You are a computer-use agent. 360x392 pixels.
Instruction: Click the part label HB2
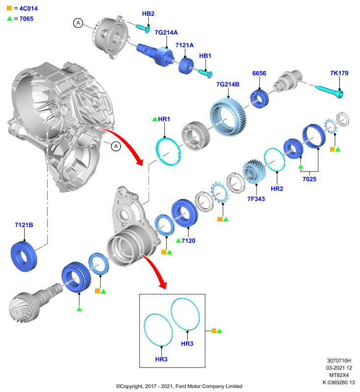coord(148,14)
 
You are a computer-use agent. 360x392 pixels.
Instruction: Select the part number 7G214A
coord(166,32)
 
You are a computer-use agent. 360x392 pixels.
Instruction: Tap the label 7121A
coord(184,45)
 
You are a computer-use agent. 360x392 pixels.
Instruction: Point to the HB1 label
coord(205,56)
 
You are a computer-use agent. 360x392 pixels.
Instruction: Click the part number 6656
coord(259,73)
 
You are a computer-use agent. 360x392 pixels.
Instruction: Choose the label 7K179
coord(339,73)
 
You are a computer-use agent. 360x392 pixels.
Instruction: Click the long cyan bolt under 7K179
coord(330,91)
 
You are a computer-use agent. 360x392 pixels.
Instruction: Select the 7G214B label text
coord(228,84)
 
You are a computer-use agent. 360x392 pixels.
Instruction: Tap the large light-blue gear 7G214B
coord(228,117)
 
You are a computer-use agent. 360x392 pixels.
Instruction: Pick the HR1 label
coord(164,119)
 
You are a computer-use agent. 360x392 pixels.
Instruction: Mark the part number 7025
coord(309,179)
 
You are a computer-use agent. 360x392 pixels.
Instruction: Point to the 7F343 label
coord(256,199)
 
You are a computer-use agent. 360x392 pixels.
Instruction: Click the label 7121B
coord(24,225)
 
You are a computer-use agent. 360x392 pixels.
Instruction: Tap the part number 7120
coord(188,241)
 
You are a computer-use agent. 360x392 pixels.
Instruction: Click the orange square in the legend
coord(9,8)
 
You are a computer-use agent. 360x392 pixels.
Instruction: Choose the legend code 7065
coord(26,19)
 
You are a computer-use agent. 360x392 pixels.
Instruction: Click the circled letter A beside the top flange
coord(78,23)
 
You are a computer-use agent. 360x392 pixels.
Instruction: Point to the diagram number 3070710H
coord(339,361)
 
